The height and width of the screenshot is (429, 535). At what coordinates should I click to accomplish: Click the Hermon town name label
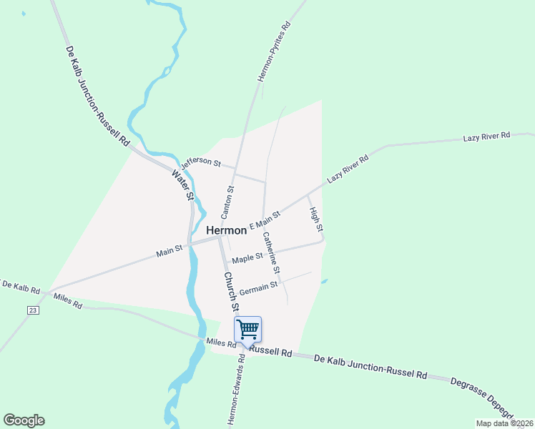[x=227, y=230]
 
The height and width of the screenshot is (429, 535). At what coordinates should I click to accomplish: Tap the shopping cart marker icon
[x=247, y=330]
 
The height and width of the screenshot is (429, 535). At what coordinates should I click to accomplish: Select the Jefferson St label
[x=201, y=164]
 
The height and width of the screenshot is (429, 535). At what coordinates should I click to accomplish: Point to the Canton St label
[x=227, y=202]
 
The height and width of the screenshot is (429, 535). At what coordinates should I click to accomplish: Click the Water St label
[x=184, y=184]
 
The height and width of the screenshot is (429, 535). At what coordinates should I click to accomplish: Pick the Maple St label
[x=247, y=257]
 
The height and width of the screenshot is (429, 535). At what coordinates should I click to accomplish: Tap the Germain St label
[x=258, y=287]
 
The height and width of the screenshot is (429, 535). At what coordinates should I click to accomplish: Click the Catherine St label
[x=271, y=253]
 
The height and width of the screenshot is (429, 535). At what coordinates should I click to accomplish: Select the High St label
[x=315, y=219]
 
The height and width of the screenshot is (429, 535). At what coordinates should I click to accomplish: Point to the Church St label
[x=230, y=291]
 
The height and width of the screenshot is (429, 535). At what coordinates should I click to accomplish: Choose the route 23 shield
[x=33, y=310]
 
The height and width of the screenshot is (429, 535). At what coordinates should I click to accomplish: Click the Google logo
[x=24, y=420]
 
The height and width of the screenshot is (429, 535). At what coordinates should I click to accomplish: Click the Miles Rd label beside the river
[x=220, y=343]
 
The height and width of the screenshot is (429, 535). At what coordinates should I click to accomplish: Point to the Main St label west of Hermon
[x=170, y=251]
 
